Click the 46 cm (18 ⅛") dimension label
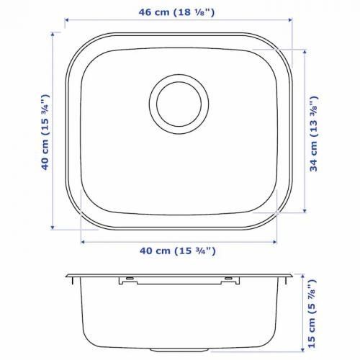coord(176,12)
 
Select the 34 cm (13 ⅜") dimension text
coord(314,134)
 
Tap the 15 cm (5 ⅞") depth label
coord(312,314)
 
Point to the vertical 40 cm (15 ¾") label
coord(45,132)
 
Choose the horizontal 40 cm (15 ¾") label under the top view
coord(178,251)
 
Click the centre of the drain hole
coord(179,104)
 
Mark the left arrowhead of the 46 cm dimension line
coord(67,20)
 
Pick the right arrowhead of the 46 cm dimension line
coord(290,20)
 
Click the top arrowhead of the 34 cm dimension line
coord(305,52)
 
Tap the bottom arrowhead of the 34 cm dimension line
coord(305,210)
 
